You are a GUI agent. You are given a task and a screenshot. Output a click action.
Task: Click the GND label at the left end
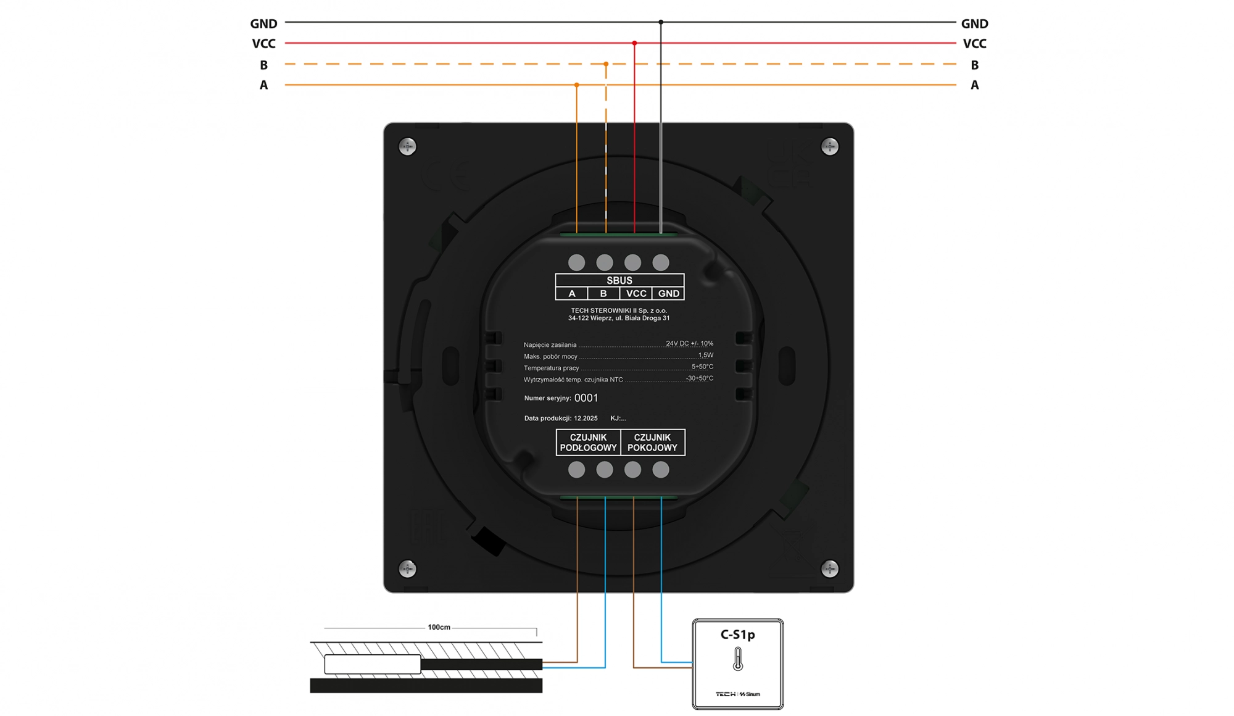263,23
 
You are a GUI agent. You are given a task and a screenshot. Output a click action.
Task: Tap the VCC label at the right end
974,44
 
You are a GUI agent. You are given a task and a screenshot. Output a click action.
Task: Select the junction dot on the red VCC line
634,43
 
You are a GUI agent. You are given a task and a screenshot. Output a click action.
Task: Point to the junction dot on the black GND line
661,22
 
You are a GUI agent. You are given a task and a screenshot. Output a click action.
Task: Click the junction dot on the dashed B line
606,64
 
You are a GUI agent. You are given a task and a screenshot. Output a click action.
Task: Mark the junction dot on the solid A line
577,85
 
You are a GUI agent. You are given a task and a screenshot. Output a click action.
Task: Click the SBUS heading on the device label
619,280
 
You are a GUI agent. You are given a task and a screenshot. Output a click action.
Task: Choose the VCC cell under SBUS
636,294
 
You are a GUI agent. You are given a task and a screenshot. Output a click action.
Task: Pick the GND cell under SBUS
668,294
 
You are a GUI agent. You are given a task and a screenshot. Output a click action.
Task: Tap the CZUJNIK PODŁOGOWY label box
588,443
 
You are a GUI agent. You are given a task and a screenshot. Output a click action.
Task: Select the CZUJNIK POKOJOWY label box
652,443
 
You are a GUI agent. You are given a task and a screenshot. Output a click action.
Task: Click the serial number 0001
586,398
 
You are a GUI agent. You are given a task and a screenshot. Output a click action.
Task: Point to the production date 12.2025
586,418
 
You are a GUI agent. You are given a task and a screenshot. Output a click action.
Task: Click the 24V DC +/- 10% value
689,343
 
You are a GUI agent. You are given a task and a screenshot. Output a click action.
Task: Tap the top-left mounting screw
407,147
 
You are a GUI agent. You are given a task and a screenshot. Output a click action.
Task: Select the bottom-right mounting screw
830,568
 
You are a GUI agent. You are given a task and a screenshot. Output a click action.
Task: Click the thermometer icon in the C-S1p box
737,659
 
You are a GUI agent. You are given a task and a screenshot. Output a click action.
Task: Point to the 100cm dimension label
439,627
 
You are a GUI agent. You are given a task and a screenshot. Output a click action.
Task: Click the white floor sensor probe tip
372,664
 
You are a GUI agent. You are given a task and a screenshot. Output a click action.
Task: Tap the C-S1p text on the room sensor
737,635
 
